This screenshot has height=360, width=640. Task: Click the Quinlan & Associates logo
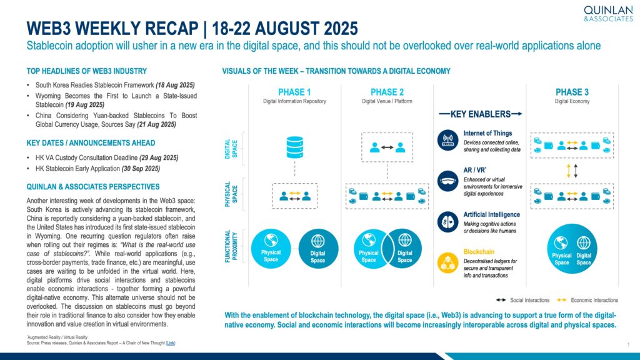click(x=608, y=14)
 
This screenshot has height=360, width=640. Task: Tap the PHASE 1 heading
click(x=294, y=92)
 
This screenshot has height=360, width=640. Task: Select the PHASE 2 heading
click(x=387, y=92)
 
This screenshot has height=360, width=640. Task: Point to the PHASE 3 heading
click(x=572, y=92)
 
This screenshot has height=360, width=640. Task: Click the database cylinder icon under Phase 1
click(x=295, y=147)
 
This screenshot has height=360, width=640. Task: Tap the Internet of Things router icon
click(x=447, y=140)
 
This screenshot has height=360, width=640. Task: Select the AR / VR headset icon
click(x=447, y=181)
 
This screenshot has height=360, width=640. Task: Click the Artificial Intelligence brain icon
click(x=447, y=222)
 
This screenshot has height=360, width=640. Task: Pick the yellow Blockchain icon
click(x=447, y=262)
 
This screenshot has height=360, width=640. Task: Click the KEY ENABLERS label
click(x=481, y=114)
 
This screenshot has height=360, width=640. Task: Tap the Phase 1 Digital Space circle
click(x=318, y=249)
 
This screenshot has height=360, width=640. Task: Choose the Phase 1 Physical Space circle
click(x=271, y=249)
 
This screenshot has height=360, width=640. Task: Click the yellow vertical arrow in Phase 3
click(x=569, y=171)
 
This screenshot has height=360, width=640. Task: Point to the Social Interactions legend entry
click(x=523, y=300)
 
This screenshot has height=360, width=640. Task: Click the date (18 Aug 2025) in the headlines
click(x=175, y=85)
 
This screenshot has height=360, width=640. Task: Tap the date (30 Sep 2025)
click(x=141, y=169)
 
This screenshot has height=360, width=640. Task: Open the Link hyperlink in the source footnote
click(x=171, y=343)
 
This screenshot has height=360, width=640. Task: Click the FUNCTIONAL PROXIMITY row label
click(x=231, y=246)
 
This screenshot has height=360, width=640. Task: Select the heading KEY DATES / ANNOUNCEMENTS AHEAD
click(x=91, y=143)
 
